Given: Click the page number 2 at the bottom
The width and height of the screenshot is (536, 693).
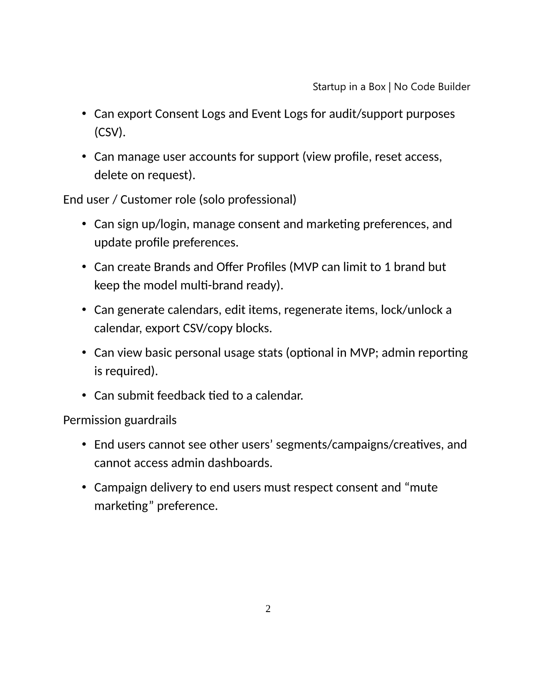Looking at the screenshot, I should pos(268,609).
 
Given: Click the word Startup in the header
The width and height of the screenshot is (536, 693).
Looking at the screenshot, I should pos(328,87).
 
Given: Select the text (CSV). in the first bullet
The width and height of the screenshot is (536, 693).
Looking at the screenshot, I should pos(110,133).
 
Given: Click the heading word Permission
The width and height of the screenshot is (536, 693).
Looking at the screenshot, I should pos(92,420).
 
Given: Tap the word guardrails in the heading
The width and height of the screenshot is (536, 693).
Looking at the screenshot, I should pos(151,420).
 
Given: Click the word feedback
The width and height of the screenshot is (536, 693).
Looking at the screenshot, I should pos(181,396).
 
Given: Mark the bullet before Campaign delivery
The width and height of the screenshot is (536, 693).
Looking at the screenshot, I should pos(84,488).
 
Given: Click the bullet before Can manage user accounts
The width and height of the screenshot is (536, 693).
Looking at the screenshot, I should pos(84,157).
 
